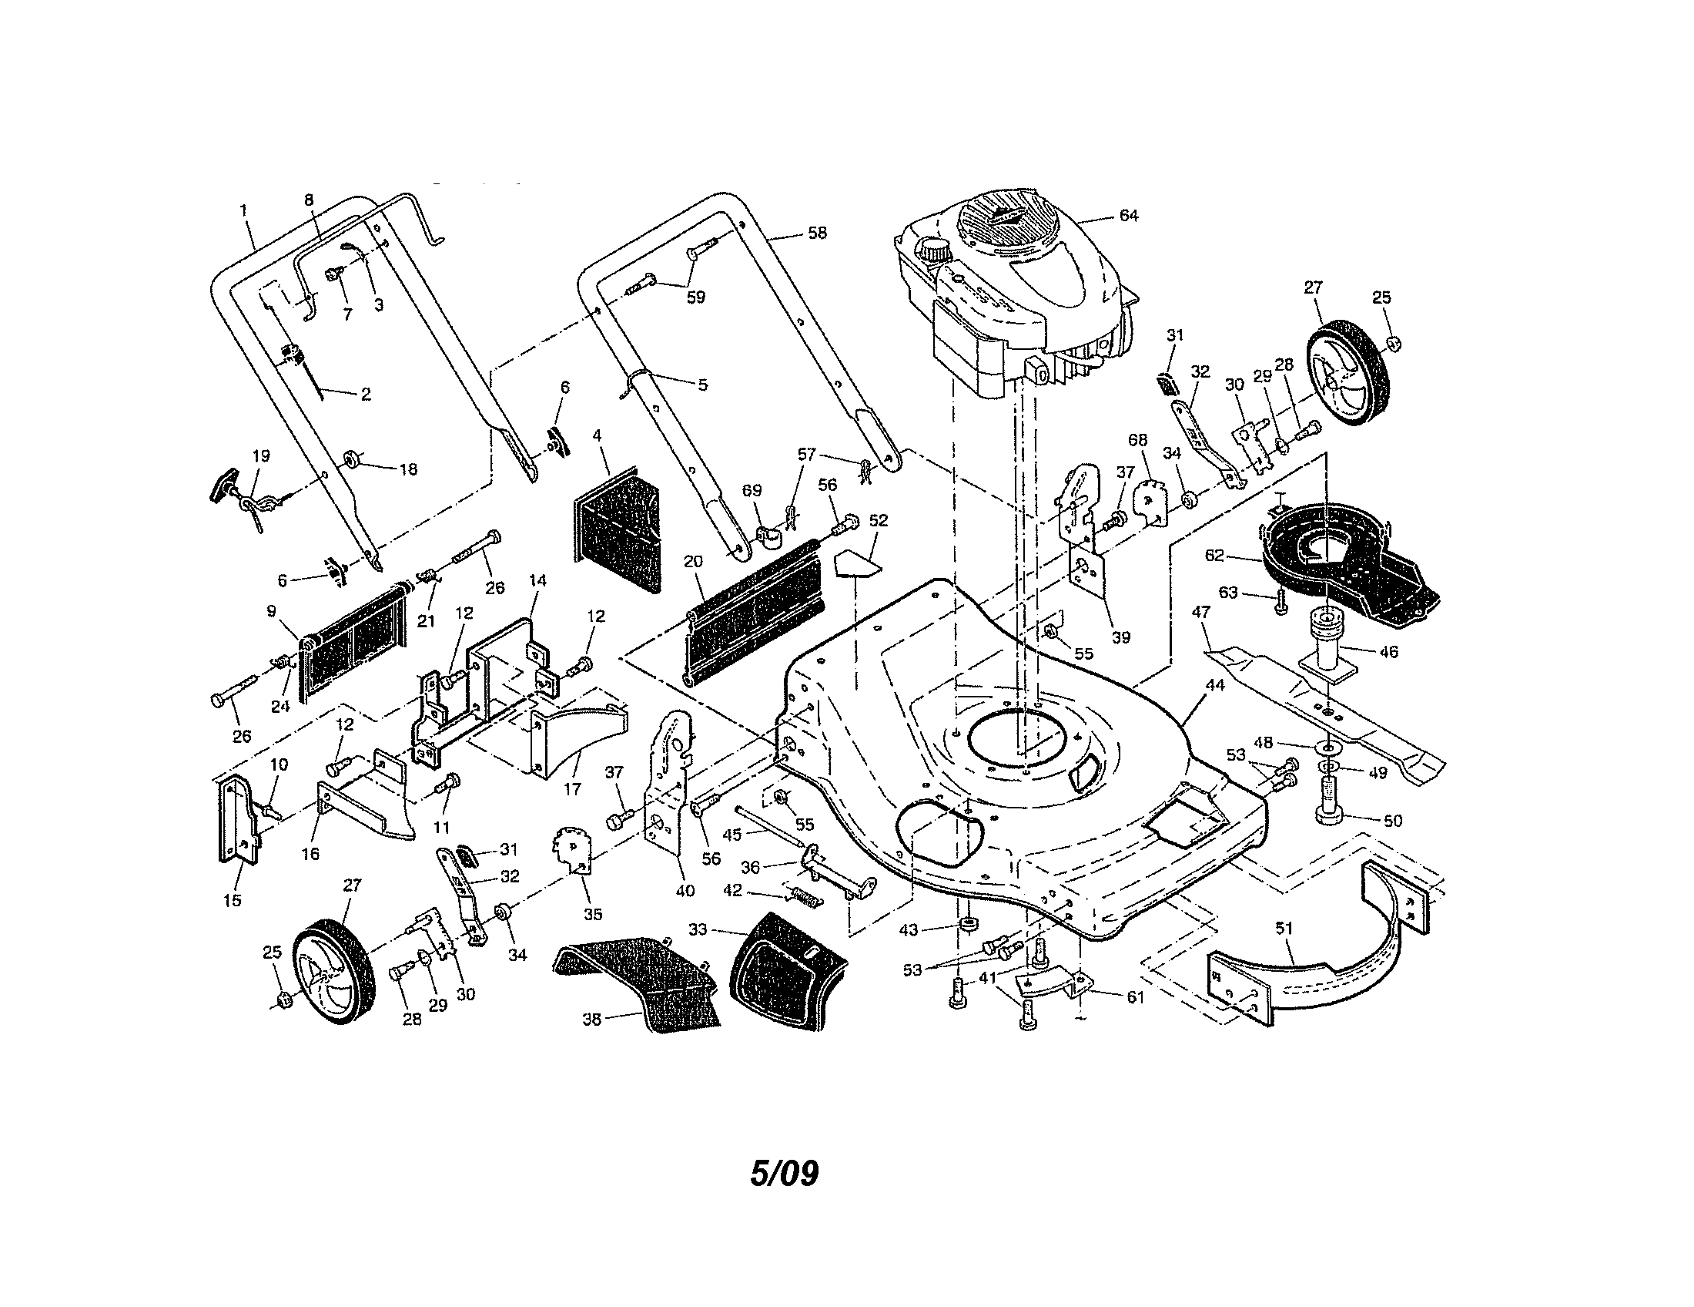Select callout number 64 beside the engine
tap(1129, 215)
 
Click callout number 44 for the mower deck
tap(1214, 685)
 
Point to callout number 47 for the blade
tap(1200, 613)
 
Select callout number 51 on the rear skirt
tap(1284, 928)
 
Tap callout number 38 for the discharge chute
tap(592, 1019)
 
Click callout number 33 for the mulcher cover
tap(698, 929)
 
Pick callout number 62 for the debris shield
tap(1214, 556)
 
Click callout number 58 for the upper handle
tap(818, 233)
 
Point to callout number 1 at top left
tap(243, 210)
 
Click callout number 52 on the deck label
tap(878, 520)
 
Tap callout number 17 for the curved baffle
tap(571, 789)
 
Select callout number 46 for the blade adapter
tap(1388, 652)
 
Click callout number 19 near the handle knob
tap(261, 455)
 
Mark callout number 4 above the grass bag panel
tap(598, 435)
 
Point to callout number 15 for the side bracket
tap(232, 900)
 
